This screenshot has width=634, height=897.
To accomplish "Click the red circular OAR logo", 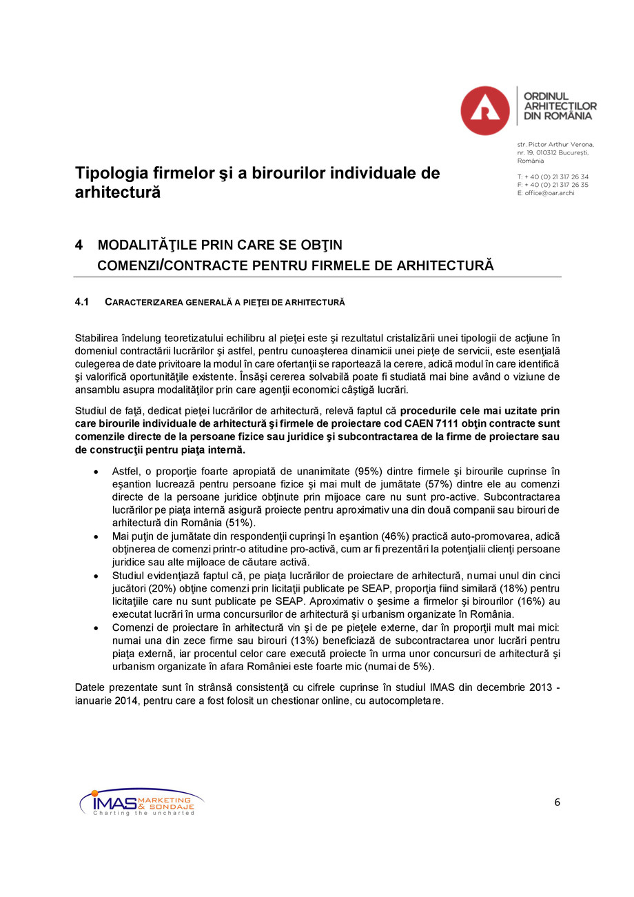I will [x=484, y=110].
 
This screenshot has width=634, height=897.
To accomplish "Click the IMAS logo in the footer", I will [x=141, y=803].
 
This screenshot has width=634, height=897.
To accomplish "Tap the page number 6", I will [x=557, y=802].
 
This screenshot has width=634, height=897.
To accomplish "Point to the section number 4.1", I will [x=82, y=302].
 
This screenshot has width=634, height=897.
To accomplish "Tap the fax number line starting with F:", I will [x=553, y=185].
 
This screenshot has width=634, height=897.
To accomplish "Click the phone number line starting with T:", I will [x=553, y=177].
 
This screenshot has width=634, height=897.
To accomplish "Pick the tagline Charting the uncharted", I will [x=143, y=813].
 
